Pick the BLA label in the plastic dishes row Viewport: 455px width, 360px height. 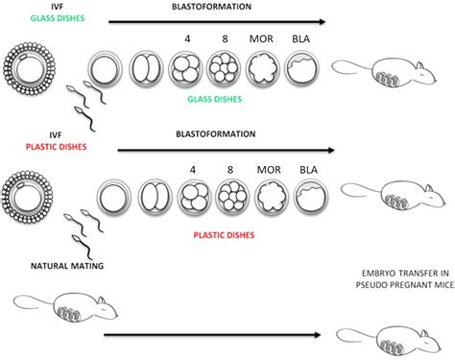coord(309,169)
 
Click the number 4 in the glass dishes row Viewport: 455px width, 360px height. coord(184,43)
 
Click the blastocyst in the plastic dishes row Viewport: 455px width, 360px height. coord(309,198)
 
